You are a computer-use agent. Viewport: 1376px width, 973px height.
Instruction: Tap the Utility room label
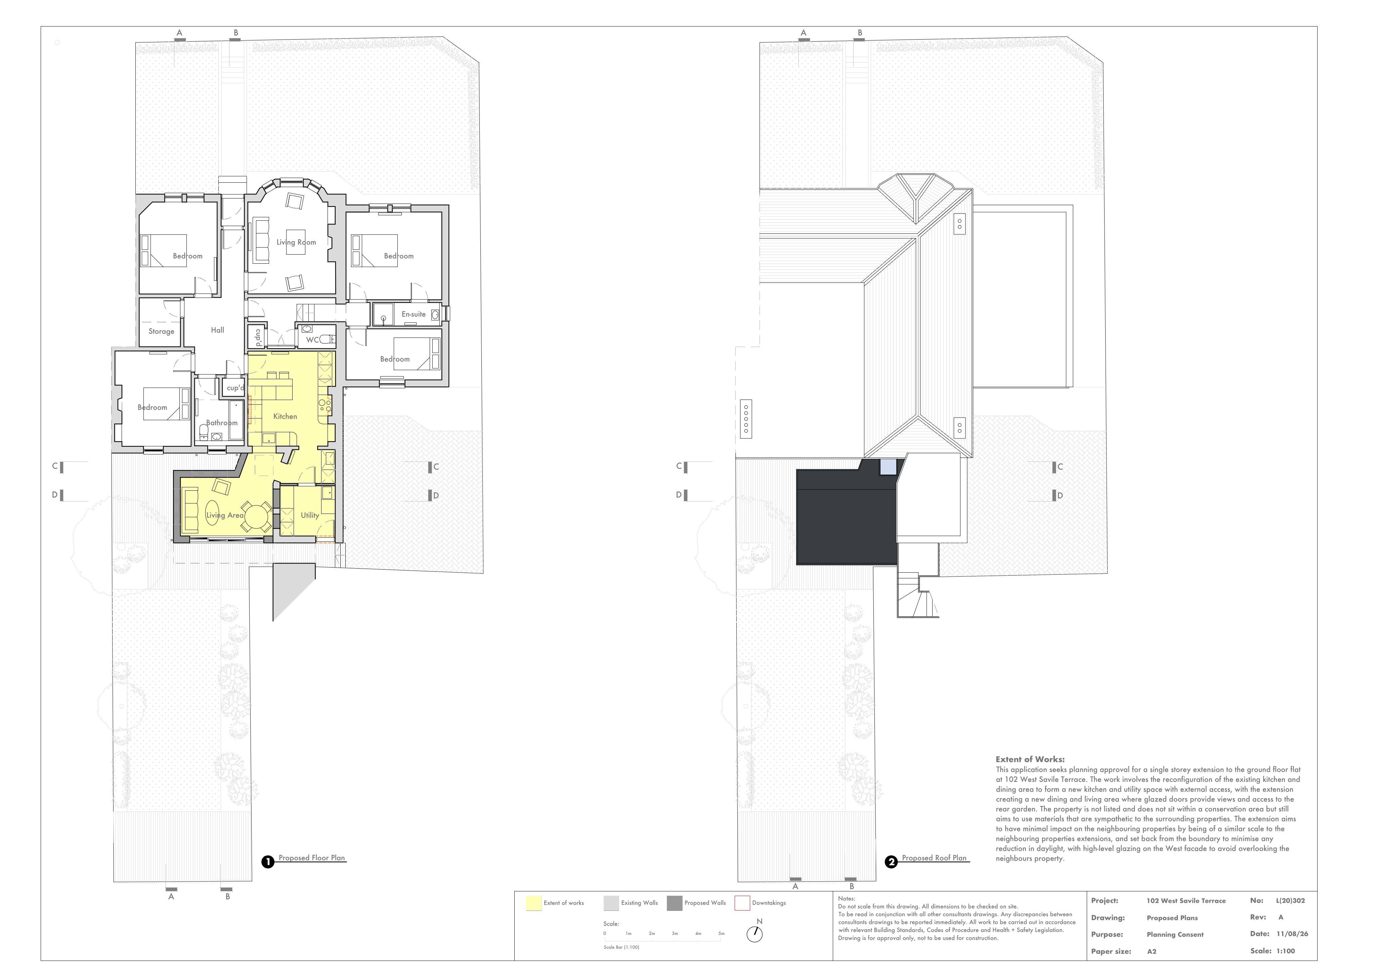click(310, 515)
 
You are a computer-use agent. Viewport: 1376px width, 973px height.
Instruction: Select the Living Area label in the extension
click(225, 515)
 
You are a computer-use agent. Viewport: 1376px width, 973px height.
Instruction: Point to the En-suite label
click(414, 314)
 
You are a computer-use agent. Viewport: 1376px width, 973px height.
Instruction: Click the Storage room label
click(161, 331)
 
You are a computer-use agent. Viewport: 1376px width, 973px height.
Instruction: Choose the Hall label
click(218, 330)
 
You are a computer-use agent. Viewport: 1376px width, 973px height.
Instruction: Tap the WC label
click(312, 340)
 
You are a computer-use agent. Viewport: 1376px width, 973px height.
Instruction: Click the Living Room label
click(296, 242)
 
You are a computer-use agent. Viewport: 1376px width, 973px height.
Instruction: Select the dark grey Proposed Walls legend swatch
click(674, 903)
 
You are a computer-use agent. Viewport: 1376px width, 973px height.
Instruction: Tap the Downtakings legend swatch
click(742, 903)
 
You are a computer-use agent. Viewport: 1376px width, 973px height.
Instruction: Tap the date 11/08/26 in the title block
click(1292, 933)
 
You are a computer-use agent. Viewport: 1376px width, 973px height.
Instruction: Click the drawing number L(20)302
click(1290, 900)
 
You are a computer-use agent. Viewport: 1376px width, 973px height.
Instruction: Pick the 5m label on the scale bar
click(722, 933)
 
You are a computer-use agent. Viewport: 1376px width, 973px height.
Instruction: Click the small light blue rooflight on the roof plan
click(888, 467)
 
